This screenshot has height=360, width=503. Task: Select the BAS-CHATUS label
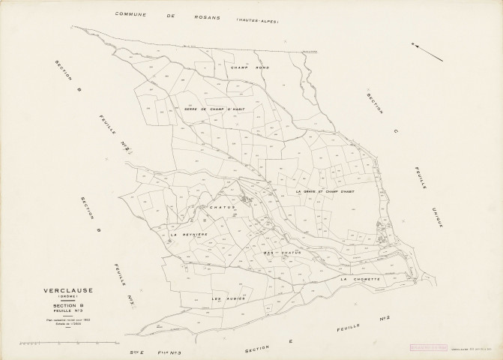point(281,253)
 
